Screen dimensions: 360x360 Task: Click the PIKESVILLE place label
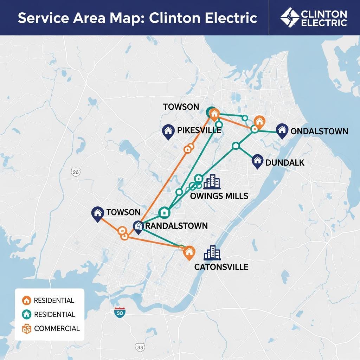(x=199, y=130)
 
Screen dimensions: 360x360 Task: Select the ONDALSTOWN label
(x=319, y=131)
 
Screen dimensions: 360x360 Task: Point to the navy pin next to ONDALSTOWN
(x=282, y=130)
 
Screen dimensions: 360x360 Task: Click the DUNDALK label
(x=285, y=162)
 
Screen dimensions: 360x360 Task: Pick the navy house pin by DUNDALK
(x=258, y=161)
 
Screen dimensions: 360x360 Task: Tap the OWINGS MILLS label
(x=219, y=196)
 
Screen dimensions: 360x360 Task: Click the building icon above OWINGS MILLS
(x=212, y=181)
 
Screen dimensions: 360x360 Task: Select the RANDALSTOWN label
(x=176, y=226)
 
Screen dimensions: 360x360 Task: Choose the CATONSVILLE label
(x=221, y=267)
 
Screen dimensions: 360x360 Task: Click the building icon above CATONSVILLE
(x=212, y=253)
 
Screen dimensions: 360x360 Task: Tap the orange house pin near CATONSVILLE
(x=189, y=252)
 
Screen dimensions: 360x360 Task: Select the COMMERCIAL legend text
(x=57, y=329)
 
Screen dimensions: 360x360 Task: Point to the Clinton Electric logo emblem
(x=290, y=17)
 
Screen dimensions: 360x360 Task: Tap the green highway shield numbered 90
(x=120, y=312)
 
